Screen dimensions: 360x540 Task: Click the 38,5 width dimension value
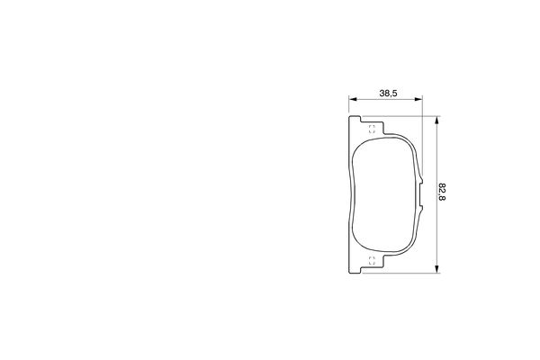[x=389, y=93]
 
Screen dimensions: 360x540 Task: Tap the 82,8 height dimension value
[x=442, y=193]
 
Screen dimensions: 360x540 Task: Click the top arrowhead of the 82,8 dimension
[x=436, y=118]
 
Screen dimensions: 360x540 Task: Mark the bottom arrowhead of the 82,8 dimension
[x=436, y=267]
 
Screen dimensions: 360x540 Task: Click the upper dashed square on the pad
[x=372, y=127]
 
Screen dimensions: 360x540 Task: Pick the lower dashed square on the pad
[x=372, y=261]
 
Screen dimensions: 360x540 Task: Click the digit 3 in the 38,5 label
[x=382, y=93]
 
